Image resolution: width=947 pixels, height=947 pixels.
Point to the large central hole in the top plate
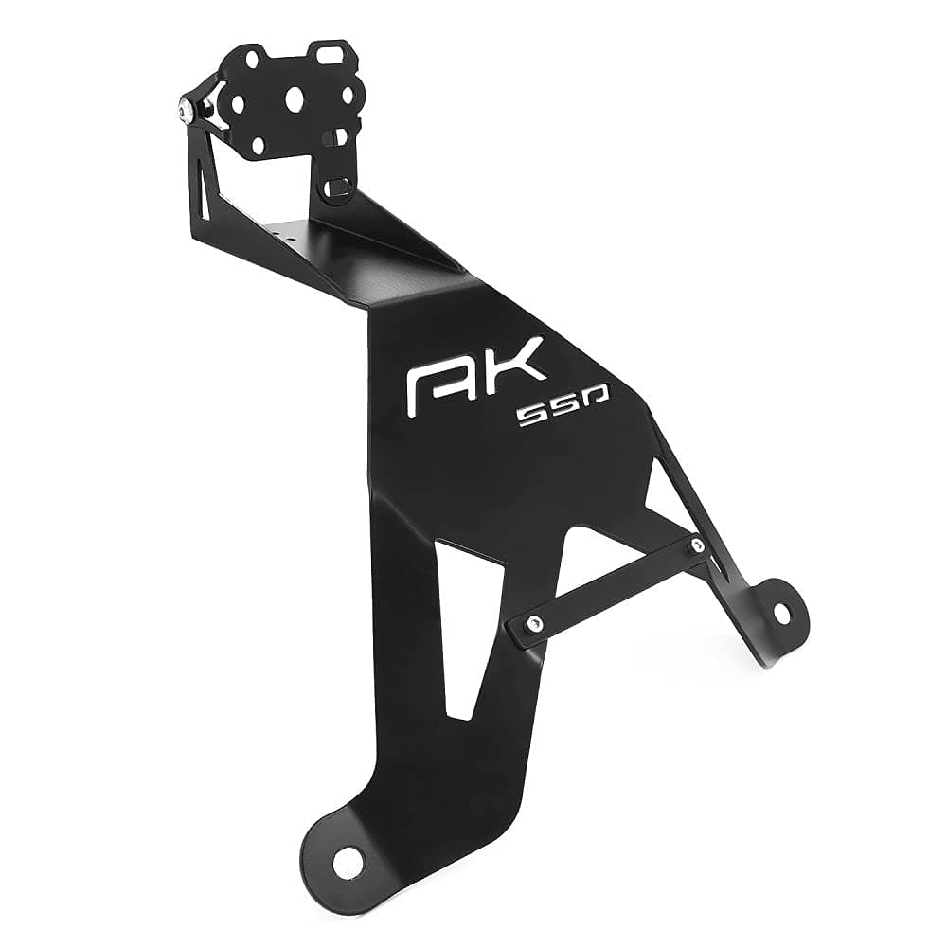coord(296,98)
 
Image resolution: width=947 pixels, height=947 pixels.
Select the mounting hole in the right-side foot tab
coord(781,613)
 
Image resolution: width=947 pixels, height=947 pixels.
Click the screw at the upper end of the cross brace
coord(697,545)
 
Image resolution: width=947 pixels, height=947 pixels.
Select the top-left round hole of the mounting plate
coord(252,60)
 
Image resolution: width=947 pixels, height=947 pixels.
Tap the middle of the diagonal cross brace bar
coord(616,584)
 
